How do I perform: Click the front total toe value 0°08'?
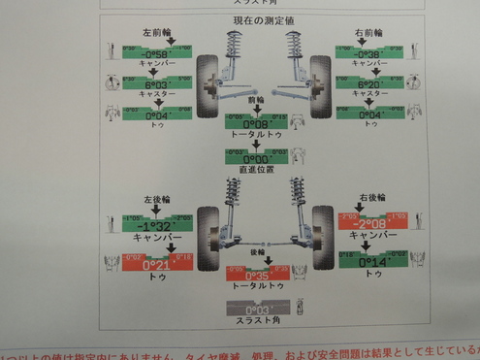(254, 124)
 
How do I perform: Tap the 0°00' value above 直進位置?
(254, 158)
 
